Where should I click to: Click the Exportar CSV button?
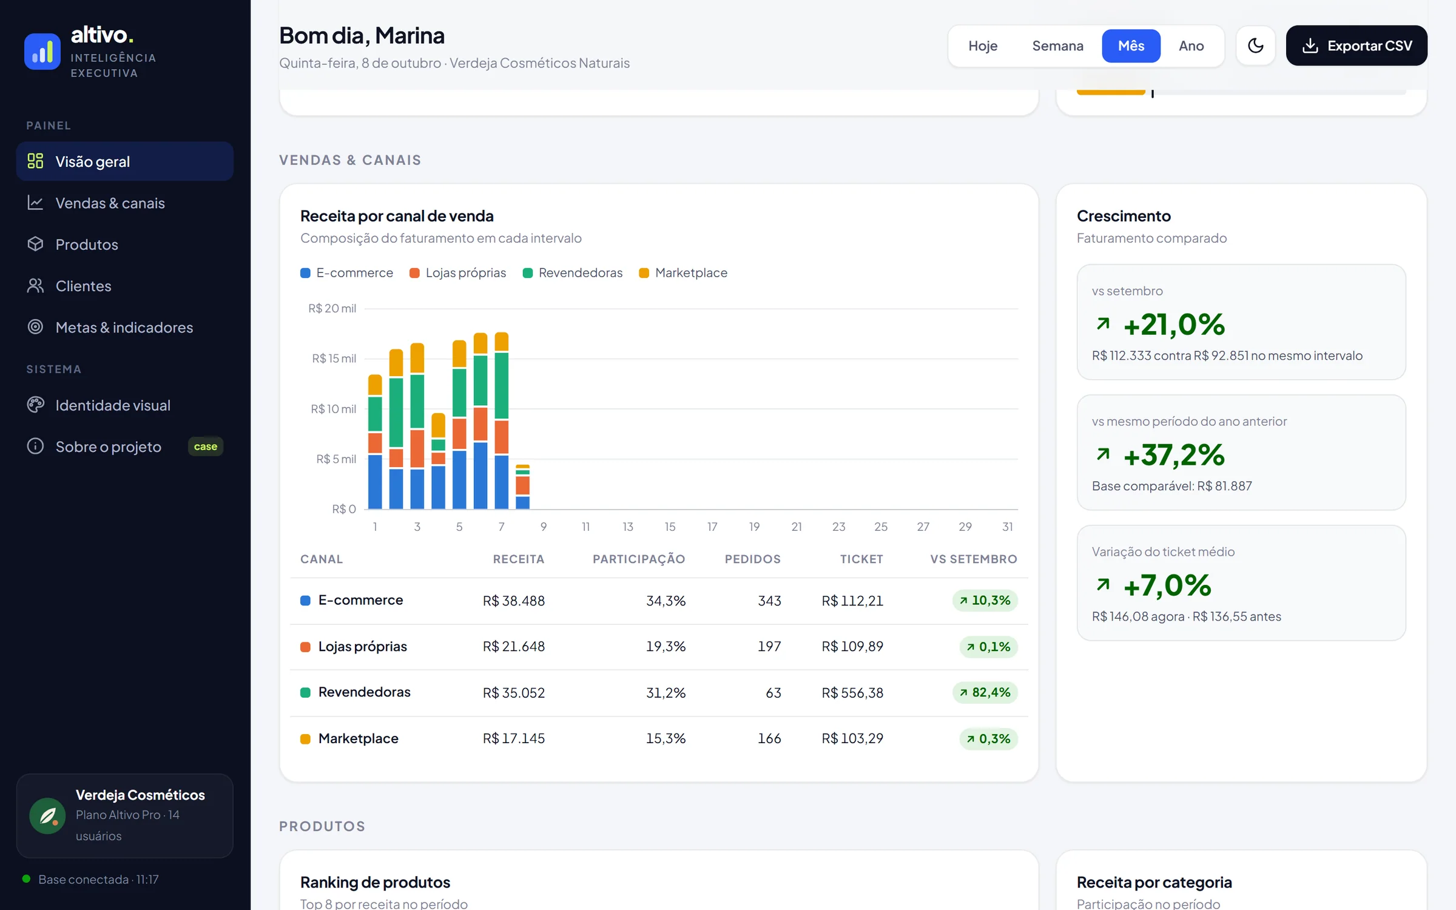coord(1356,45)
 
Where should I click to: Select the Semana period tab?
coord(1057,45)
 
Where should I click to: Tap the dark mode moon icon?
coord(1255,45)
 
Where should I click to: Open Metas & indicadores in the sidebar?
coord(124,328)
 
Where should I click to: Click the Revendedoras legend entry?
coord(573,273)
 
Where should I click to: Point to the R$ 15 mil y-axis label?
coord(334,359)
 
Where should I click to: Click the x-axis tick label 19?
coord(754,527)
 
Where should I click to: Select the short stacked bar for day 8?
coord(522,487)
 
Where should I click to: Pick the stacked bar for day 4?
coord(438,461)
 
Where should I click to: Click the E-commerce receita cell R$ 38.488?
coord(513,601)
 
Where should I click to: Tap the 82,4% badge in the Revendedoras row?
coord(985,692)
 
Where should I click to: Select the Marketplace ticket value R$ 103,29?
coord(852,738)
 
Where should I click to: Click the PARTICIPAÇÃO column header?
coord(639,559)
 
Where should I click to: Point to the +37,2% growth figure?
coord(1174,455)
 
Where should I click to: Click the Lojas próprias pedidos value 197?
coord(769,646)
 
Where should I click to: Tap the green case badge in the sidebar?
coord(206,447)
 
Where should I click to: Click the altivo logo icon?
coord(42,52)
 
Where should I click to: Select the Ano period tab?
coord(1191,45)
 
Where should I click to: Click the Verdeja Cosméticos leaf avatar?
coord(47,815)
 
